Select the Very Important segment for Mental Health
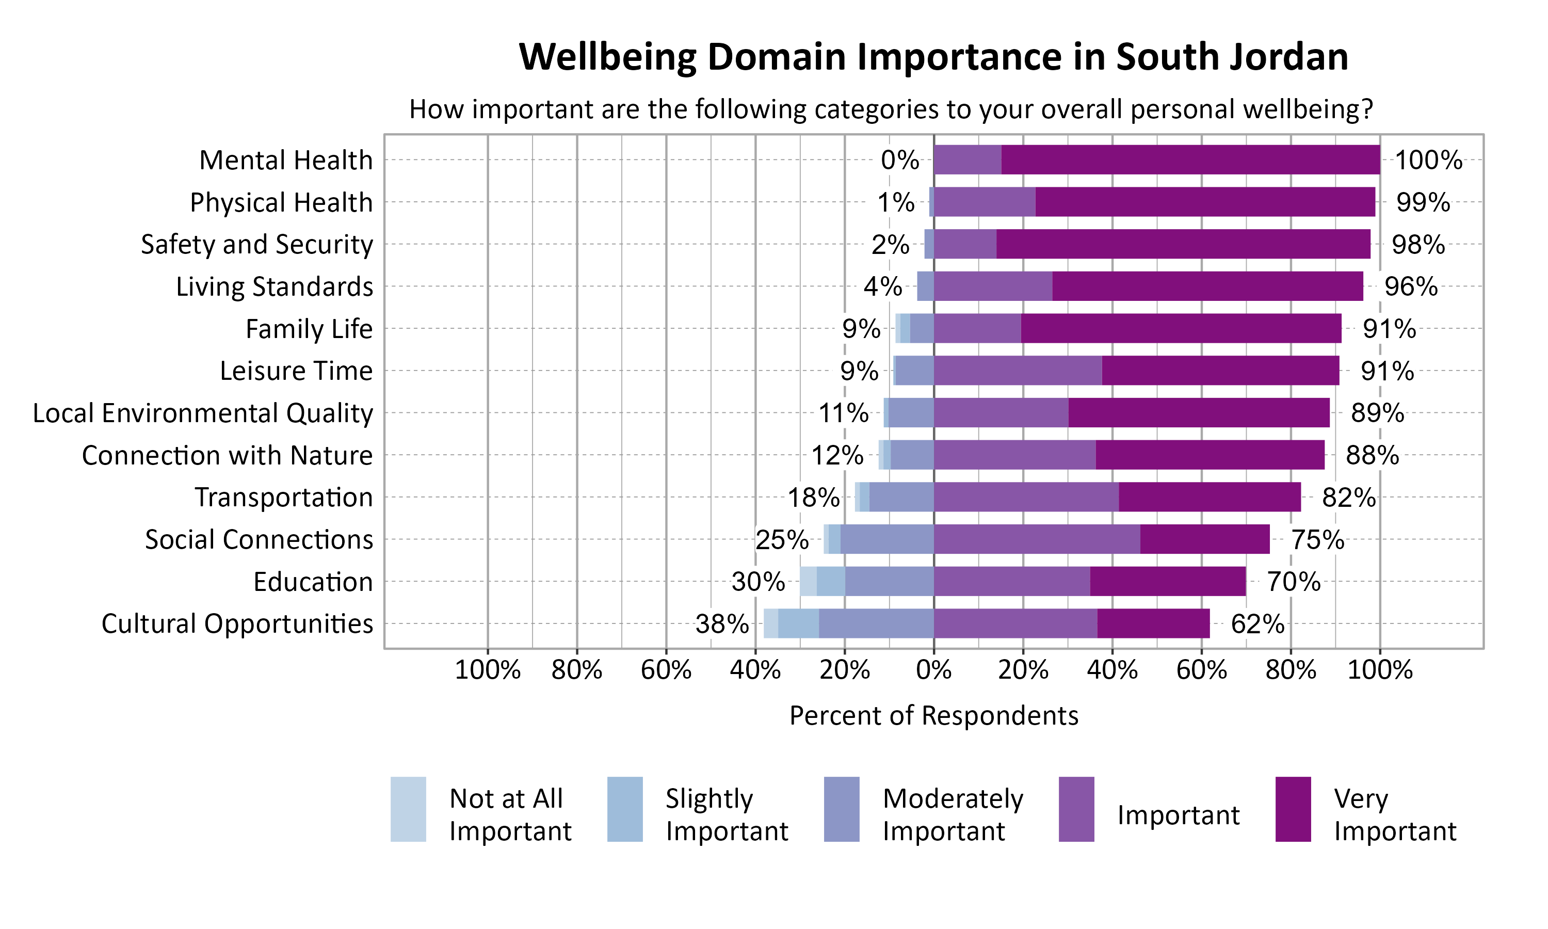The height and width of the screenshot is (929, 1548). [x=1190, y=159]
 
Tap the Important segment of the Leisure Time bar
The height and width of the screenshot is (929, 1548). [x=1018, y=371]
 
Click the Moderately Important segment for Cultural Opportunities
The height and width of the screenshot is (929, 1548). [x=876, y=623]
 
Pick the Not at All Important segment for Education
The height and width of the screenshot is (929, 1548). [x=808, y=582]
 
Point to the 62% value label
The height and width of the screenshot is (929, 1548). [x=1257, y=624]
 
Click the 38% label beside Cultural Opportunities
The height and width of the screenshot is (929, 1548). [x=721, y=624]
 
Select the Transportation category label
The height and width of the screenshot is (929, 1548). [x=283, y=498]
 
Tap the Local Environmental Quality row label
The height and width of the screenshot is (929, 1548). [x=203, y=413]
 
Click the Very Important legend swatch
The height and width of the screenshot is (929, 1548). [x=1293, y=809]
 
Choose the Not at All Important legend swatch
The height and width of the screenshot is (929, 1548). [x=408, y=809]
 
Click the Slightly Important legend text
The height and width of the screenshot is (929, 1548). [x=727, y=814]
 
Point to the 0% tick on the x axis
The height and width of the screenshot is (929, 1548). [x=933, y=670]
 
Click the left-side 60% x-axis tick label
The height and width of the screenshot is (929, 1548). [x=666, y=670]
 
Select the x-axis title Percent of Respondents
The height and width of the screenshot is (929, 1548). [x=933, y=715]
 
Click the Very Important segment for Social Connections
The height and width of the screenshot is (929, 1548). [x=1204, y=539]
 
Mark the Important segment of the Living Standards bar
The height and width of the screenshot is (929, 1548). [x=992, y=286]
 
